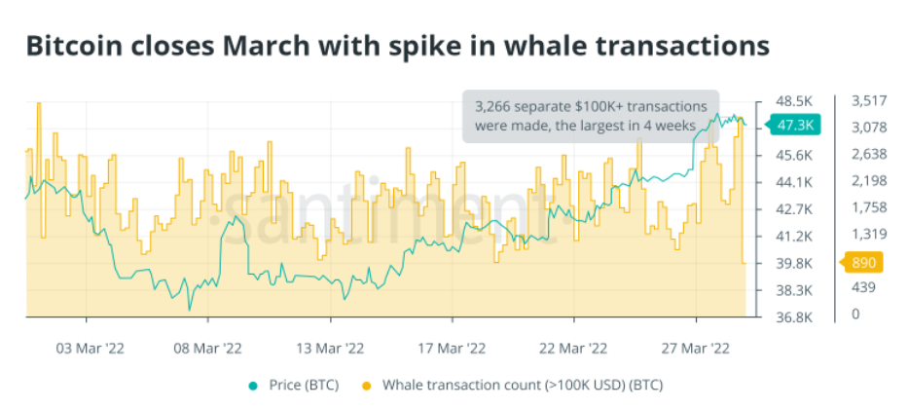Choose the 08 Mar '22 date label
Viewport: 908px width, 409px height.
[208, 347]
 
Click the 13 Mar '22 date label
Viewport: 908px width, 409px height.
[330, 347]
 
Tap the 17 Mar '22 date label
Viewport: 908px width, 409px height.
[452, 347]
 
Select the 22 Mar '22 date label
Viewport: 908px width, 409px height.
[574, 347]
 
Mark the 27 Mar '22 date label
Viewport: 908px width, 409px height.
[696, 347]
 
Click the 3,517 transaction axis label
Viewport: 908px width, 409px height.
[868, 101]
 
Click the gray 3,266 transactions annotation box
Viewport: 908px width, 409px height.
[590, 117]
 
